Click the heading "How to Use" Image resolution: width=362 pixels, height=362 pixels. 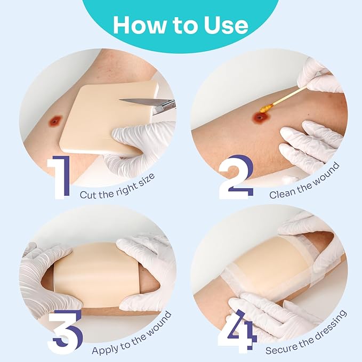pos(181,25)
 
